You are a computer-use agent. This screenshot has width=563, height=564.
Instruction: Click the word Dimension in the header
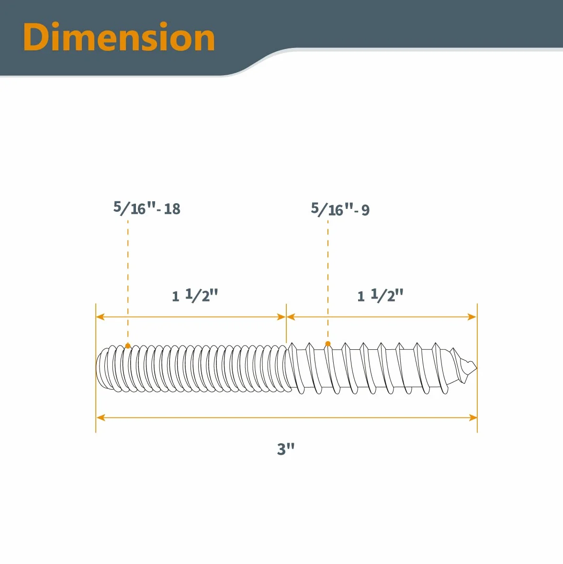click(119, 37)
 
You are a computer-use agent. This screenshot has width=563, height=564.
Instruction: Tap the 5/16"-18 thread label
click(146, 208)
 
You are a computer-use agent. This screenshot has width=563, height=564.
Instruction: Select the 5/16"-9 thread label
click(340, 209)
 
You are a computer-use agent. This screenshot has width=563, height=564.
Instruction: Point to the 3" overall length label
click(286, 449)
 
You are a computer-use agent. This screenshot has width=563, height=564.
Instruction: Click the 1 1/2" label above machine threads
click(195, 295)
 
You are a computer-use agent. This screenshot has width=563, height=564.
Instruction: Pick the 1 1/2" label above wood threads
click(380, 295)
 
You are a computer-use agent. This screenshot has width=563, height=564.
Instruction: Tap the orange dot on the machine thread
click(128, 345)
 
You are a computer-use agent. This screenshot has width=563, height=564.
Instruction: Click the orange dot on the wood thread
click(327, 344)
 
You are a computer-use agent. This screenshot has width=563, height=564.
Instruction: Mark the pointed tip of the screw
click(476, 368)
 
